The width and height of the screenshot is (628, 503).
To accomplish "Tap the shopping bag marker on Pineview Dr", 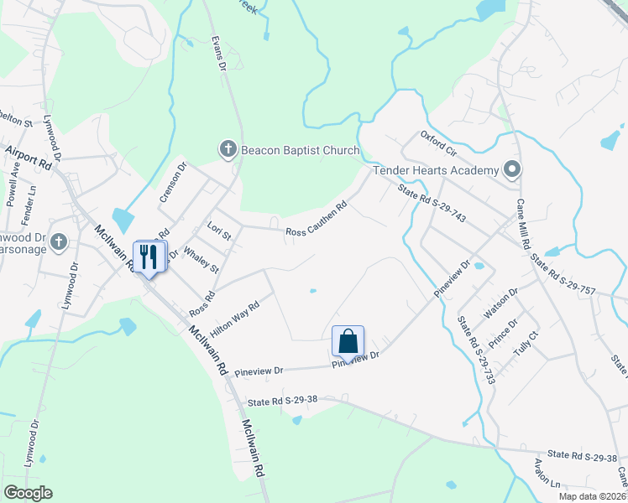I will click(x=348, y=341).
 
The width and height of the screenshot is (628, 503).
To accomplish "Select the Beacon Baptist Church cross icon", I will click(x=227, y=150).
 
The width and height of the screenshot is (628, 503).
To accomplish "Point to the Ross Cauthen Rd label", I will click(x=317, y=220).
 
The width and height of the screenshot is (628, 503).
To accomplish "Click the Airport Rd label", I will click(x=28, y=156).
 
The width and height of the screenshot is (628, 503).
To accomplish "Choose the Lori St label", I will click(x=218, y=231).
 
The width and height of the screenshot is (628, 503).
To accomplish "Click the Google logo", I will click(x=28, y=493).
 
